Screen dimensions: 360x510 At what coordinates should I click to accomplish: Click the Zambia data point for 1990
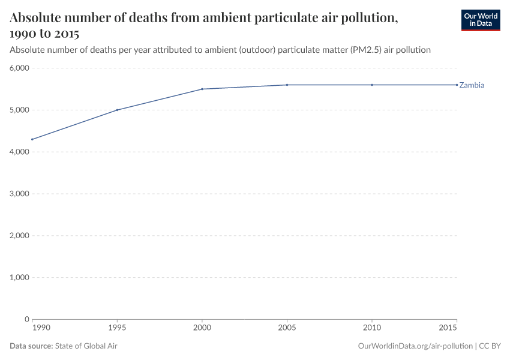click(32, 139)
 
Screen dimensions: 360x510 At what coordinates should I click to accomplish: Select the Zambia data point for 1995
click(117, 110)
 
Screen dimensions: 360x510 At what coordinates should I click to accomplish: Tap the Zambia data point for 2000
click(202, 89)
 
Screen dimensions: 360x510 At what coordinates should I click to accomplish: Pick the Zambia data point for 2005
click(287, 85)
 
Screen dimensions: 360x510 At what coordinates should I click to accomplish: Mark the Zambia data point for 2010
click(372, 85)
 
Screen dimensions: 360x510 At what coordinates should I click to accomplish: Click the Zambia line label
click(472, 85)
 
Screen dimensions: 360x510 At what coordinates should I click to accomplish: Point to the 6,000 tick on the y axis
click(19, 68)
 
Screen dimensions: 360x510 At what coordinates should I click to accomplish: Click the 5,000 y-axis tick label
click(19, 110)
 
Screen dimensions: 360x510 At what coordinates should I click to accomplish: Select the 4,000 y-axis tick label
click(19, 152)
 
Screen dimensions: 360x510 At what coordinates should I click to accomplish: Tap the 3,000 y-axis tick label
click(19, 194)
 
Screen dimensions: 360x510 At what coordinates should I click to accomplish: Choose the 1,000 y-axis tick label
click(19, 277)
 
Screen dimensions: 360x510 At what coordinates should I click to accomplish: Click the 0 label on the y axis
click(26, 319)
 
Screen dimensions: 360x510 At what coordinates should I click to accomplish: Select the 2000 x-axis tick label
click(202, 329)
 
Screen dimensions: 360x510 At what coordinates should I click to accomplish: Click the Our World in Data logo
click(480, 20)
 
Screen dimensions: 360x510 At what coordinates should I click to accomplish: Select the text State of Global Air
click(86, 346)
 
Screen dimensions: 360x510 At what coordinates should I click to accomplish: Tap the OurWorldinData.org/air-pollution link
click(415, 346)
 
